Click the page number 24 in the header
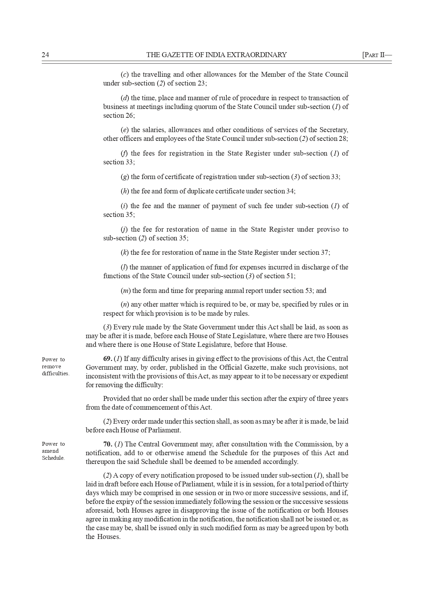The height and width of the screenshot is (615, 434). click(x=45, y=55)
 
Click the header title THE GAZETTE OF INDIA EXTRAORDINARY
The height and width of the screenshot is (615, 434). click(x=216, y=55)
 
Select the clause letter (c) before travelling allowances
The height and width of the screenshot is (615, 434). click(x=124, y=75)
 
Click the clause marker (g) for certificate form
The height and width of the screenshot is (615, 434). click(x=125, y=177)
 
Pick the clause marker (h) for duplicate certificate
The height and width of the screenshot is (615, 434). click(x=125, y=191)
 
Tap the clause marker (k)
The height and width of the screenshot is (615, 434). click(x=125, y=253)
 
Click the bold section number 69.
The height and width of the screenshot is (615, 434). click(x=107, y=359)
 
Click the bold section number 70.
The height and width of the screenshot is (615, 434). click(x=107, y=444)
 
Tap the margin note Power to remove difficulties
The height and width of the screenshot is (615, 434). click(x=55, y=367)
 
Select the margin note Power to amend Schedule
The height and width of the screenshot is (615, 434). click(x=53, y=451)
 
